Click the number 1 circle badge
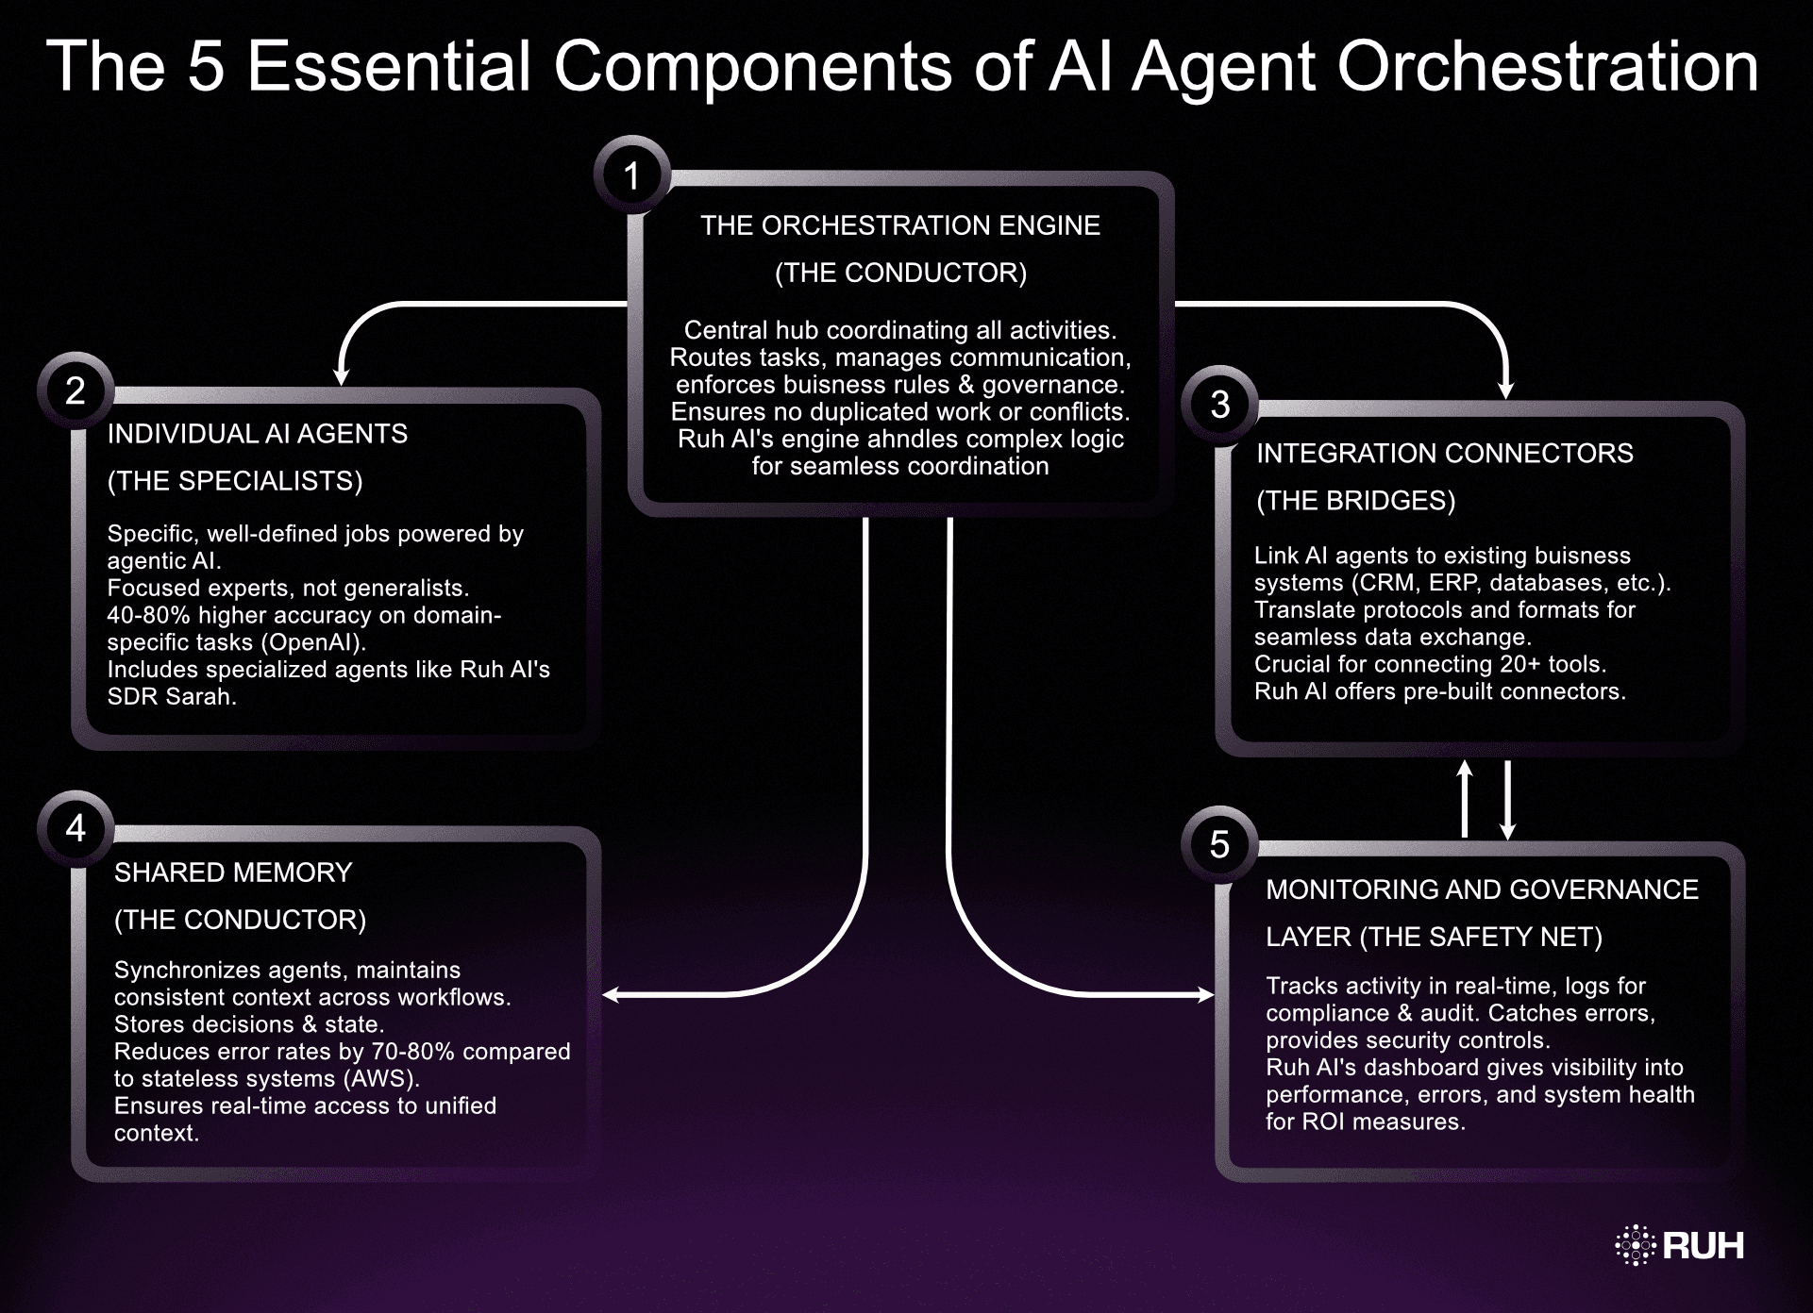[x=631, y=175]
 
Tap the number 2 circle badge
[x=76, y=390]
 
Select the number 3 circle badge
[x=1219, y=405]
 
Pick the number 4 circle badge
[x=76, y=828]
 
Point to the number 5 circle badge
[x=1219, y=844]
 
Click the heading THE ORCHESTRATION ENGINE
[x=899, y=225]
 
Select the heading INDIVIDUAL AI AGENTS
[x=257, y=434]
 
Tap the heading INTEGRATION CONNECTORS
[x=1444, y=453]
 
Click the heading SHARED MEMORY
[x=232, y=873]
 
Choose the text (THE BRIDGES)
[x=1355, y=501]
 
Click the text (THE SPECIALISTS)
[x=234, y=481]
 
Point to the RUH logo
[x=1680, y=1245]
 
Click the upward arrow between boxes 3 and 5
[x=1465, y=798]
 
